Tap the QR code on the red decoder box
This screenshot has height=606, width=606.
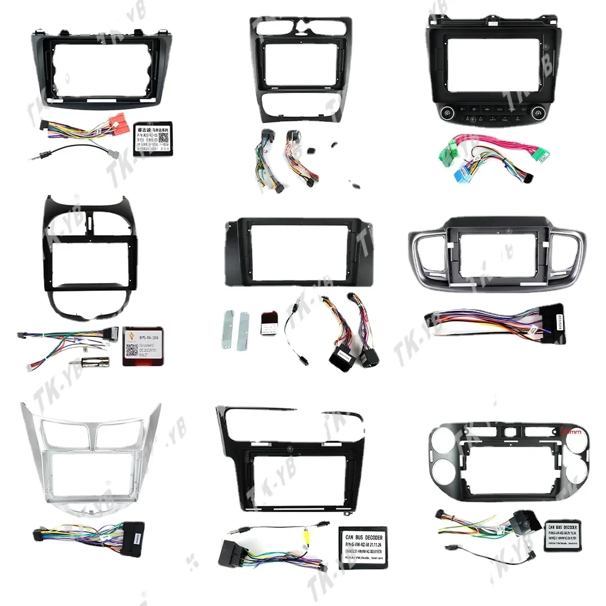(132, 351)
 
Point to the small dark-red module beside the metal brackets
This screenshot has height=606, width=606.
(267, 321)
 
